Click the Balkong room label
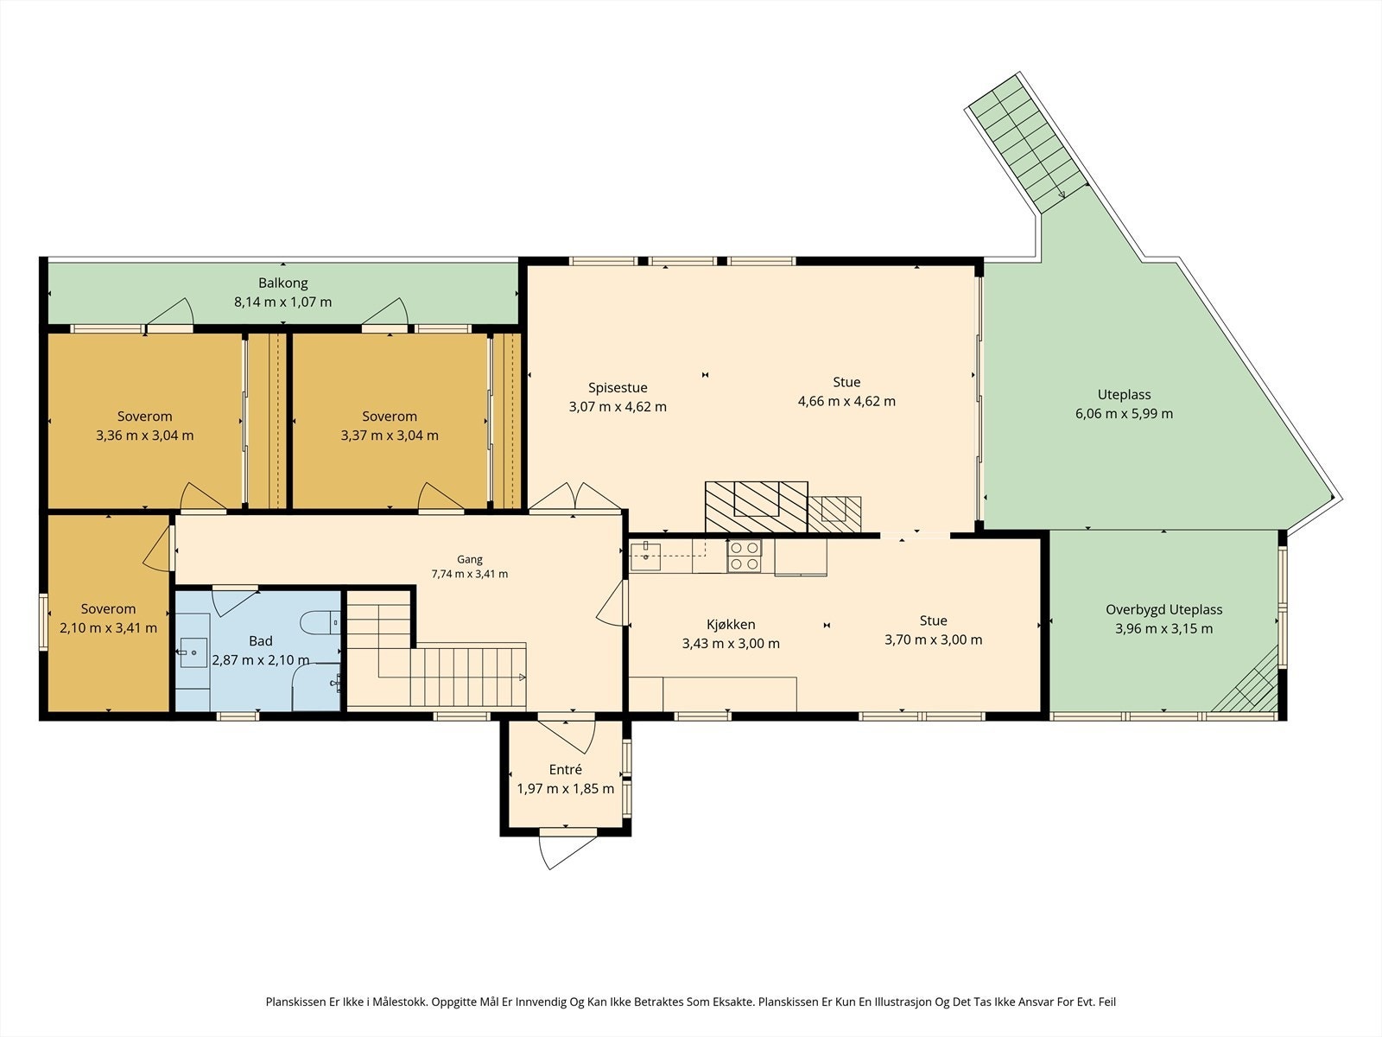(282, 283)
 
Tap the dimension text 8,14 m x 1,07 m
(282, 302)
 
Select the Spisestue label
(618, 388)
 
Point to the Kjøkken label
(731, 625)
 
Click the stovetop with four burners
(745, 556)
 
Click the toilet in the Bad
(320, 623)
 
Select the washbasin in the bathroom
(193, 652)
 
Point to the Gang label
(470, 559)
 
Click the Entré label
(566, 769)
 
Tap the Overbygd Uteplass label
(1164, 609)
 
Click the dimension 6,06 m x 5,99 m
(1124, 414)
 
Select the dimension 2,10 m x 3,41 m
(108, 627)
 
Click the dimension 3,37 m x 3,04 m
(390, 435)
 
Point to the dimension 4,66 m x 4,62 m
(846, 401)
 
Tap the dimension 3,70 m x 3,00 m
(933, 639)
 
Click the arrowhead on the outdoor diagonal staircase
(1062, 194)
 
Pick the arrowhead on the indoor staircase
(522, 678)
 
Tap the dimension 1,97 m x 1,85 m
(566, 788)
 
